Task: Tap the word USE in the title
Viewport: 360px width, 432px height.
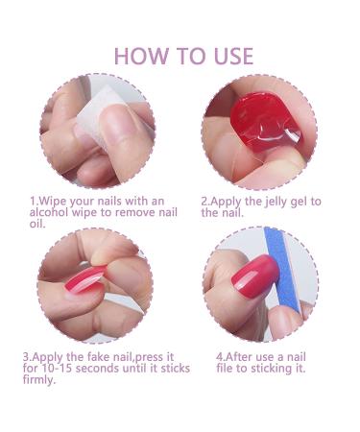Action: tap(233, 56)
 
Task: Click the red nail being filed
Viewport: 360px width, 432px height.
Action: tap(255, 276)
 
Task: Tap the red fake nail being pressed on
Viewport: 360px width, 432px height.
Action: tap(84, 279)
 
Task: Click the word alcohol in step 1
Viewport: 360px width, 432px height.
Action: tap(49, 212)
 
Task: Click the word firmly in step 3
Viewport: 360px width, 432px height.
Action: tap(39, 380)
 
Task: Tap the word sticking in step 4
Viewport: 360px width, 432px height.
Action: tap(271, 369)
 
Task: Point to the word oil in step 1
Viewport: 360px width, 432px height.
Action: tap(37, 224)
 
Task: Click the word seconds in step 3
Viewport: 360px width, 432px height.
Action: tap(98, 368)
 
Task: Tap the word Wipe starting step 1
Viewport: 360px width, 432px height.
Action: tap(52, 202)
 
